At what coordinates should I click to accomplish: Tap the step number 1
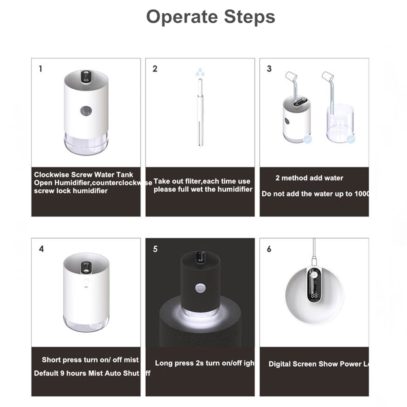tap(40, 69)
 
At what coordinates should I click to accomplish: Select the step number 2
tap(155, 69)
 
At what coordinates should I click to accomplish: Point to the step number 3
tap(269, 69)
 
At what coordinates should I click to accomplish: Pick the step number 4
tap(41, 249)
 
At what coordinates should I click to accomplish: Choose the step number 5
tap(155, 249)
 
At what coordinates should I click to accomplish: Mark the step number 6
tap(269, 249)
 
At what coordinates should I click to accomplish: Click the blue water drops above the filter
tap(199, 72)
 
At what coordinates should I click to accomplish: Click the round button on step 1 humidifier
tap(86, 111)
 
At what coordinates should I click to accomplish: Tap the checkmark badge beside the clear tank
tap(351, 139)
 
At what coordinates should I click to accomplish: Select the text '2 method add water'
tap(309, 178)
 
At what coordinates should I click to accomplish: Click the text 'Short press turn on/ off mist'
tap(90, 360)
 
